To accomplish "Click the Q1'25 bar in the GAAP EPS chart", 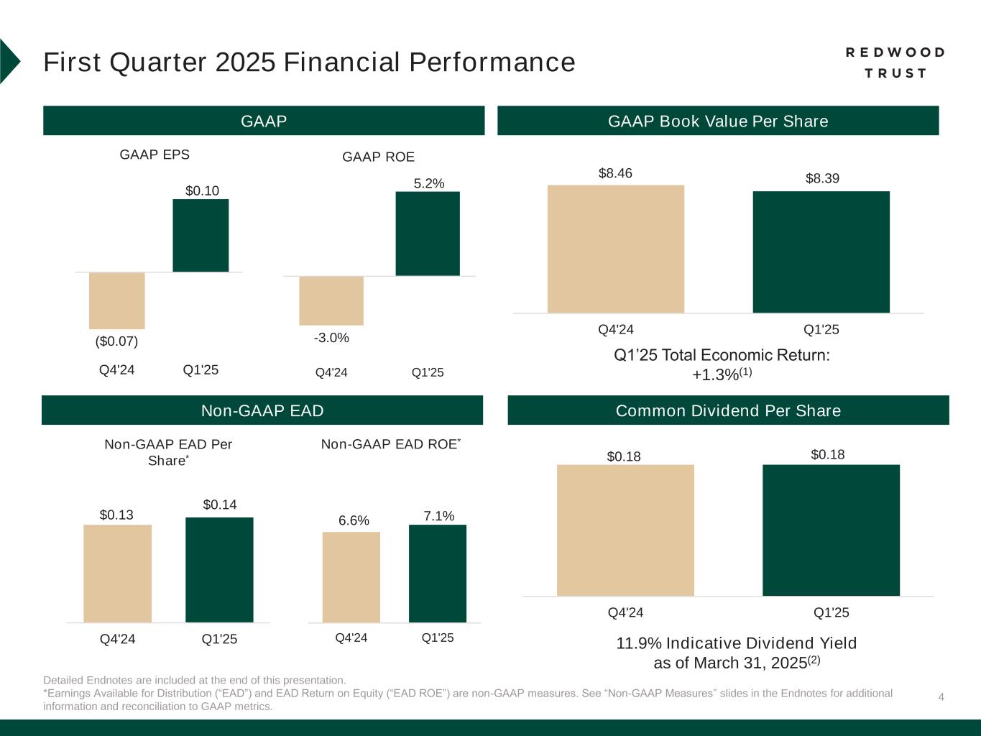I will click(201, 235).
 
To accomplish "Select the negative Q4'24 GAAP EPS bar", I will click(116, 300).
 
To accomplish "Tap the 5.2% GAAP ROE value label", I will click(429, 183).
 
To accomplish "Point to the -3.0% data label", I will click(331, 338).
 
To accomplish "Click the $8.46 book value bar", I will click(615, 249).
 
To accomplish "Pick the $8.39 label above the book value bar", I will click(822, 178).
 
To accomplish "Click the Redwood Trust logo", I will click(895, 63).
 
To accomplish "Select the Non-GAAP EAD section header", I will click(262, 410).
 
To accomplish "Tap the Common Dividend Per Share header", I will click(728, 410).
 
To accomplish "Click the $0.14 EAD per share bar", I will click(219, 569).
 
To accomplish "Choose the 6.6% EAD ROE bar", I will click(351, 576).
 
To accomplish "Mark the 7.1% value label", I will click(439, 516).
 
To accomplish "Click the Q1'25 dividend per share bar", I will click(831, 530).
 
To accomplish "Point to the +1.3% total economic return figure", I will click(715, 374).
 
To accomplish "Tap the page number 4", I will click(941, 696).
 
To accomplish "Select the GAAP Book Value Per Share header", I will click(718, 121).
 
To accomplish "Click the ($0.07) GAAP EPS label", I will click(116, 341).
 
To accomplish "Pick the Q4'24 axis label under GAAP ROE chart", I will click(331, 372).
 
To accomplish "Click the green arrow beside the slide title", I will click(9, 62).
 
